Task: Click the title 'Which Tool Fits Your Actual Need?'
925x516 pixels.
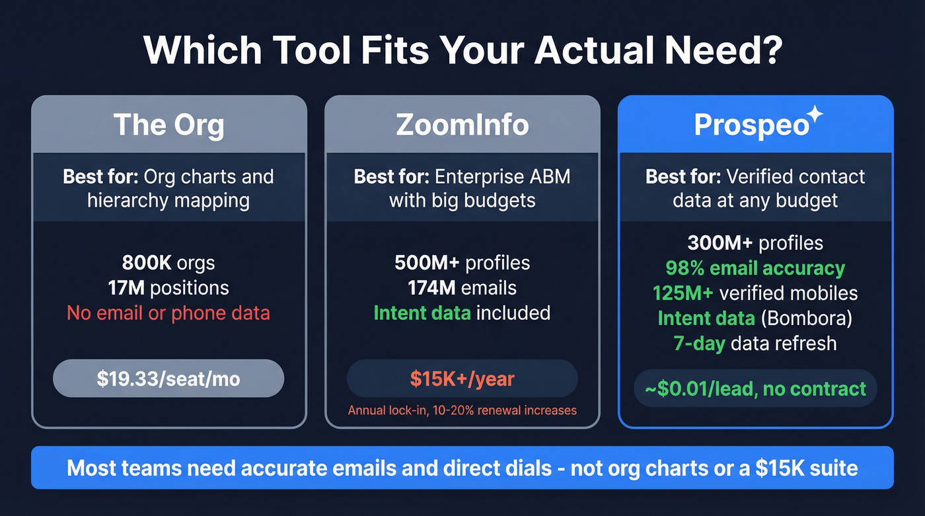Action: click(x=462, y=48)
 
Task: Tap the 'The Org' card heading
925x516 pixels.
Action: click(x=169, y=124)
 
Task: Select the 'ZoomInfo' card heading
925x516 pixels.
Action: click(x=462, y=124)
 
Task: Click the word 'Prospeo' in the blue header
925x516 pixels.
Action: click(x=751, y=126)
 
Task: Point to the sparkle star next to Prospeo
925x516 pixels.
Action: click(x=815, y=114)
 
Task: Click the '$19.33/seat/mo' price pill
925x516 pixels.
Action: click(x=168, y=379)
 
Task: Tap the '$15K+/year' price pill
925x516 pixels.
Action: click(x=462, y=379)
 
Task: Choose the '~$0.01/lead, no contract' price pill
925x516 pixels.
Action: click(x=755, y=388)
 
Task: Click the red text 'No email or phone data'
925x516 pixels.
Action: click(x=168, y=313)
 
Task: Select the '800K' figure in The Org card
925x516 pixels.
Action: click(x=146, y=263)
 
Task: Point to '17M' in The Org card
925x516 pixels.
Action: click(x=126, y=288)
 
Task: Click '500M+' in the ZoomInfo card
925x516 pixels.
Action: click(x=427, y=263)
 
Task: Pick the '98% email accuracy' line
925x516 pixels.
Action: click(x=755, y=268)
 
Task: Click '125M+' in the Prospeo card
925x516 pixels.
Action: click(x=683, y=293)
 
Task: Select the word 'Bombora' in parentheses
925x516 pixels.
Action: click(x=806, y=318)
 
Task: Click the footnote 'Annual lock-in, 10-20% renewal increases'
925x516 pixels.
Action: click(x=462, y=410)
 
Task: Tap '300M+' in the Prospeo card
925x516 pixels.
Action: click(x=720, y=243)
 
